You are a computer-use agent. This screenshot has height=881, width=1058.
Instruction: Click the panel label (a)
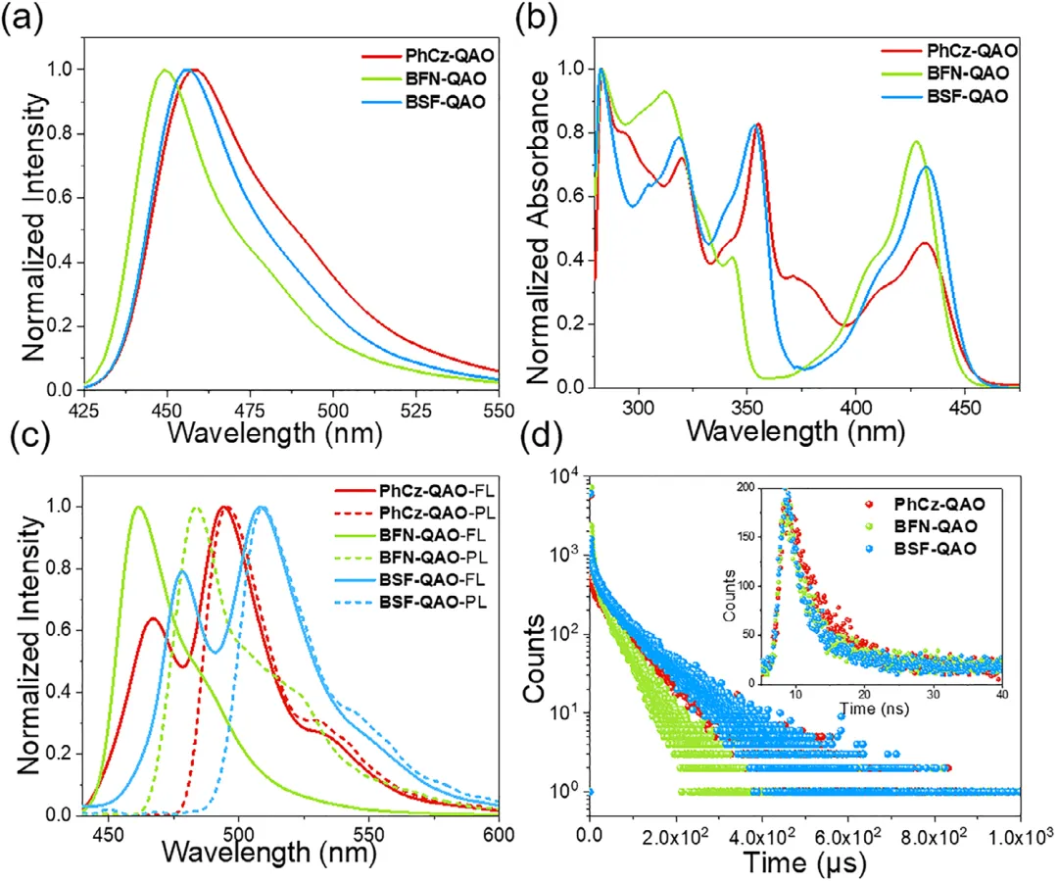[22, 21]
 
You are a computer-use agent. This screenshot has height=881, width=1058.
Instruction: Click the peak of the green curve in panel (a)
[165, 70]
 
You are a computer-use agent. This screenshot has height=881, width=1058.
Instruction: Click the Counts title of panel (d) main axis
[536, 655]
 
